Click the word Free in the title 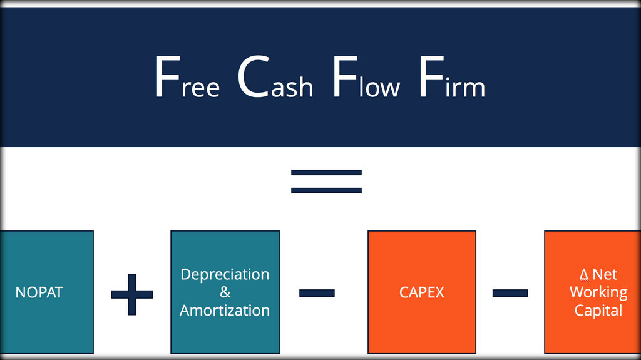188,77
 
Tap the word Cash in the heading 275,77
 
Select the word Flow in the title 366,77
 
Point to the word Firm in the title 452,77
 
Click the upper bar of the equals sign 326,173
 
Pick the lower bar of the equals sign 326,190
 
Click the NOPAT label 39,292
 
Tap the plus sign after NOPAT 132,294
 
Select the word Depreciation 225,274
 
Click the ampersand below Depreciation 225,292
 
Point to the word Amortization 225,311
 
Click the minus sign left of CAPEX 317,293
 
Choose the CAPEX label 421,292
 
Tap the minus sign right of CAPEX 510,293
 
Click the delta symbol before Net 584,274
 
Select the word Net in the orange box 605,274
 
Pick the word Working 598,292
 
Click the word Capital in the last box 598,311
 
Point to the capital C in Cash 254,77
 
